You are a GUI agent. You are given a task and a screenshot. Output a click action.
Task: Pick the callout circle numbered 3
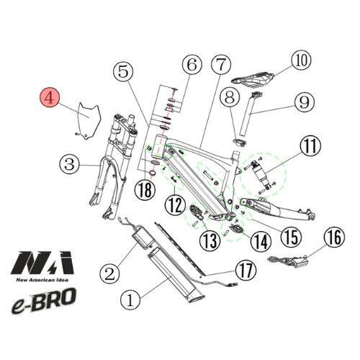[x=68, y=165]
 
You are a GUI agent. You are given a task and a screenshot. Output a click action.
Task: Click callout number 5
[x=125, y=71]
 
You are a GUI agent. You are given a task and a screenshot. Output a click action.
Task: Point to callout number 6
[x=191, y=66]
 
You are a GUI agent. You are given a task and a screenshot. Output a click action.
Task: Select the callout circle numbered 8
[x=230, y=96]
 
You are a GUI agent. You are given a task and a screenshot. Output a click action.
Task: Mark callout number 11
[x=310, y=147]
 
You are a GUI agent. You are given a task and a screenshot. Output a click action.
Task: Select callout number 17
[x=247, y=271]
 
